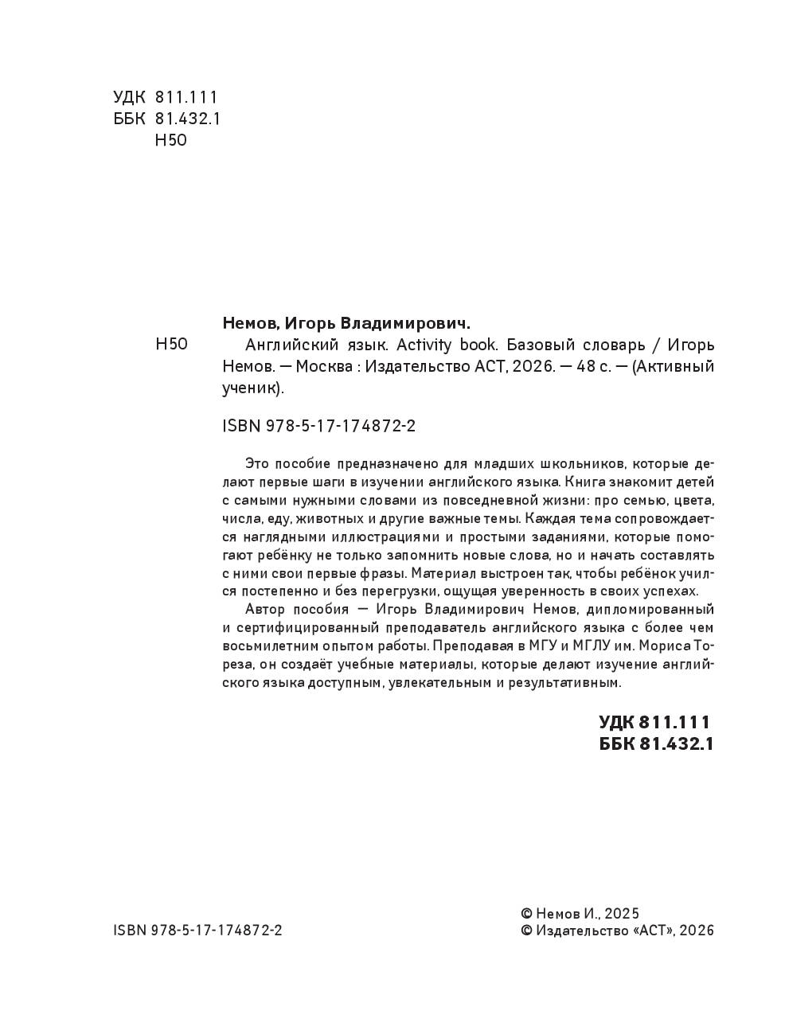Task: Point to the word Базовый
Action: click(541, 345)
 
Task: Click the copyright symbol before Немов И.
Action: click(526, 914)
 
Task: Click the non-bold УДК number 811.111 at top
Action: click(186, 97)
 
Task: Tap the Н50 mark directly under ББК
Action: click(170, 141)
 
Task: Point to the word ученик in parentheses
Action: click(248, 388)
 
